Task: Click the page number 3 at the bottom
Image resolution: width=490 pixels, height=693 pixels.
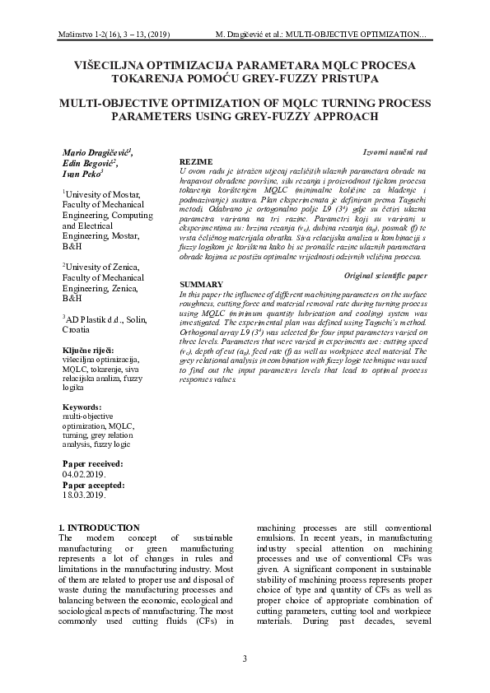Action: (x=245, y=658)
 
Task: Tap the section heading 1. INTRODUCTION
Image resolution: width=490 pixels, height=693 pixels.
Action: (x=100, y=528)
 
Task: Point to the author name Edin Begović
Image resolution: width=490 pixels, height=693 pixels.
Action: (x=91, y=164)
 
